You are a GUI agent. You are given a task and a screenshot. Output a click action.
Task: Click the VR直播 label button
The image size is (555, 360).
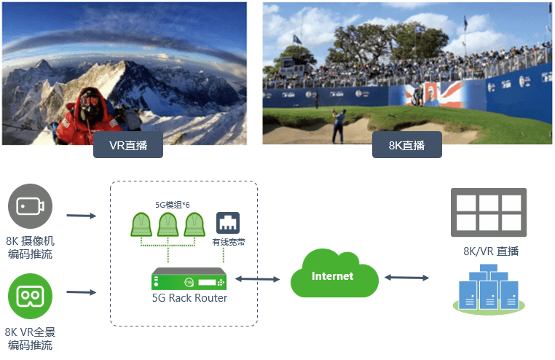(127, 145)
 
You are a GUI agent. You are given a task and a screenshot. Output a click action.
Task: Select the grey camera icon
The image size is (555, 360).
(31, 207)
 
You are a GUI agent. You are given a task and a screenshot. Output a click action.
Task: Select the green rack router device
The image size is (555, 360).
(192, 280)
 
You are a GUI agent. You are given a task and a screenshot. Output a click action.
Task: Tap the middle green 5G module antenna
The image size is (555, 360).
(168, 225)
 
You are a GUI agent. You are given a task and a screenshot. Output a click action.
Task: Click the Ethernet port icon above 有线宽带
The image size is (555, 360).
(228, 223)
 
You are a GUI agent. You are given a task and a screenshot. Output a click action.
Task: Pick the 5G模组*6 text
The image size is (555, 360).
(173, 205)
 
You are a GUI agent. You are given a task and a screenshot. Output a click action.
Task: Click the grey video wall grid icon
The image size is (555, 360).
(488, 211)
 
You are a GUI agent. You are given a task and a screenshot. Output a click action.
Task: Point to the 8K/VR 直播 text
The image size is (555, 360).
(491, 251)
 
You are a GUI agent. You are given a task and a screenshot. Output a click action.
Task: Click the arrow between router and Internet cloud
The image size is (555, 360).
(258, 279)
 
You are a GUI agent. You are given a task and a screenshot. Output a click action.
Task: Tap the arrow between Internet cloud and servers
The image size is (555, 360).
(406, 278)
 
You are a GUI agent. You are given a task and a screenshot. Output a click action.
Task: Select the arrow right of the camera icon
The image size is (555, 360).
(81, 216)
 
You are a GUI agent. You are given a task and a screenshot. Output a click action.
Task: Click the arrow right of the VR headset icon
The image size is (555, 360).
(81, 293)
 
